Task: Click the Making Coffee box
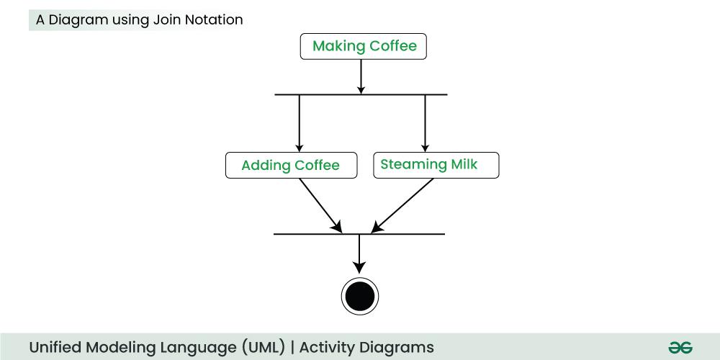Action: tap(364, 47)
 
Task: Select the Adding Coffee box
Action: tap(291, 166)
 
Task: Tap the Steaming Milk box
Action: tap(436, 165)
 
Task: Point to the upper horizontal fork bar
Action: tap(317, 94)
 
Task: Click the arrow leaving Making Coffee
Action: tap(361, 76)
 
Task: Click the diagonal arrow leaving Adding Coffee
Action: tap(320, 204)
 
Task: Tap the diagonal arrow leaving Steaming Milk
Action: tap(403, 204)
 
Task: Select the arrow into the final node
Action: tap(359, 252)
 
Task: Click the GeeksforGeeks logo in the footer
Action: tap(680, 347)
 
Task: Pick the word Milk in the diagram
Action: tap(464, 164)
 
